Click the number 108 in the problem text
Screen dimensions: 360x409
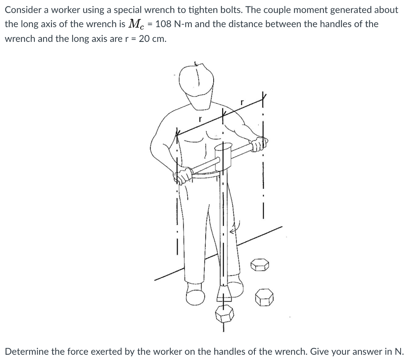[x=163, y=24]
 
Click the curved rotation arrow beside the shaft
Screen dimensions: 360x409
[x=233, y=228]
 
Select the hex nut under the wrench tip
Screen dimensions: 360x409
[x=224, y=314]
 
